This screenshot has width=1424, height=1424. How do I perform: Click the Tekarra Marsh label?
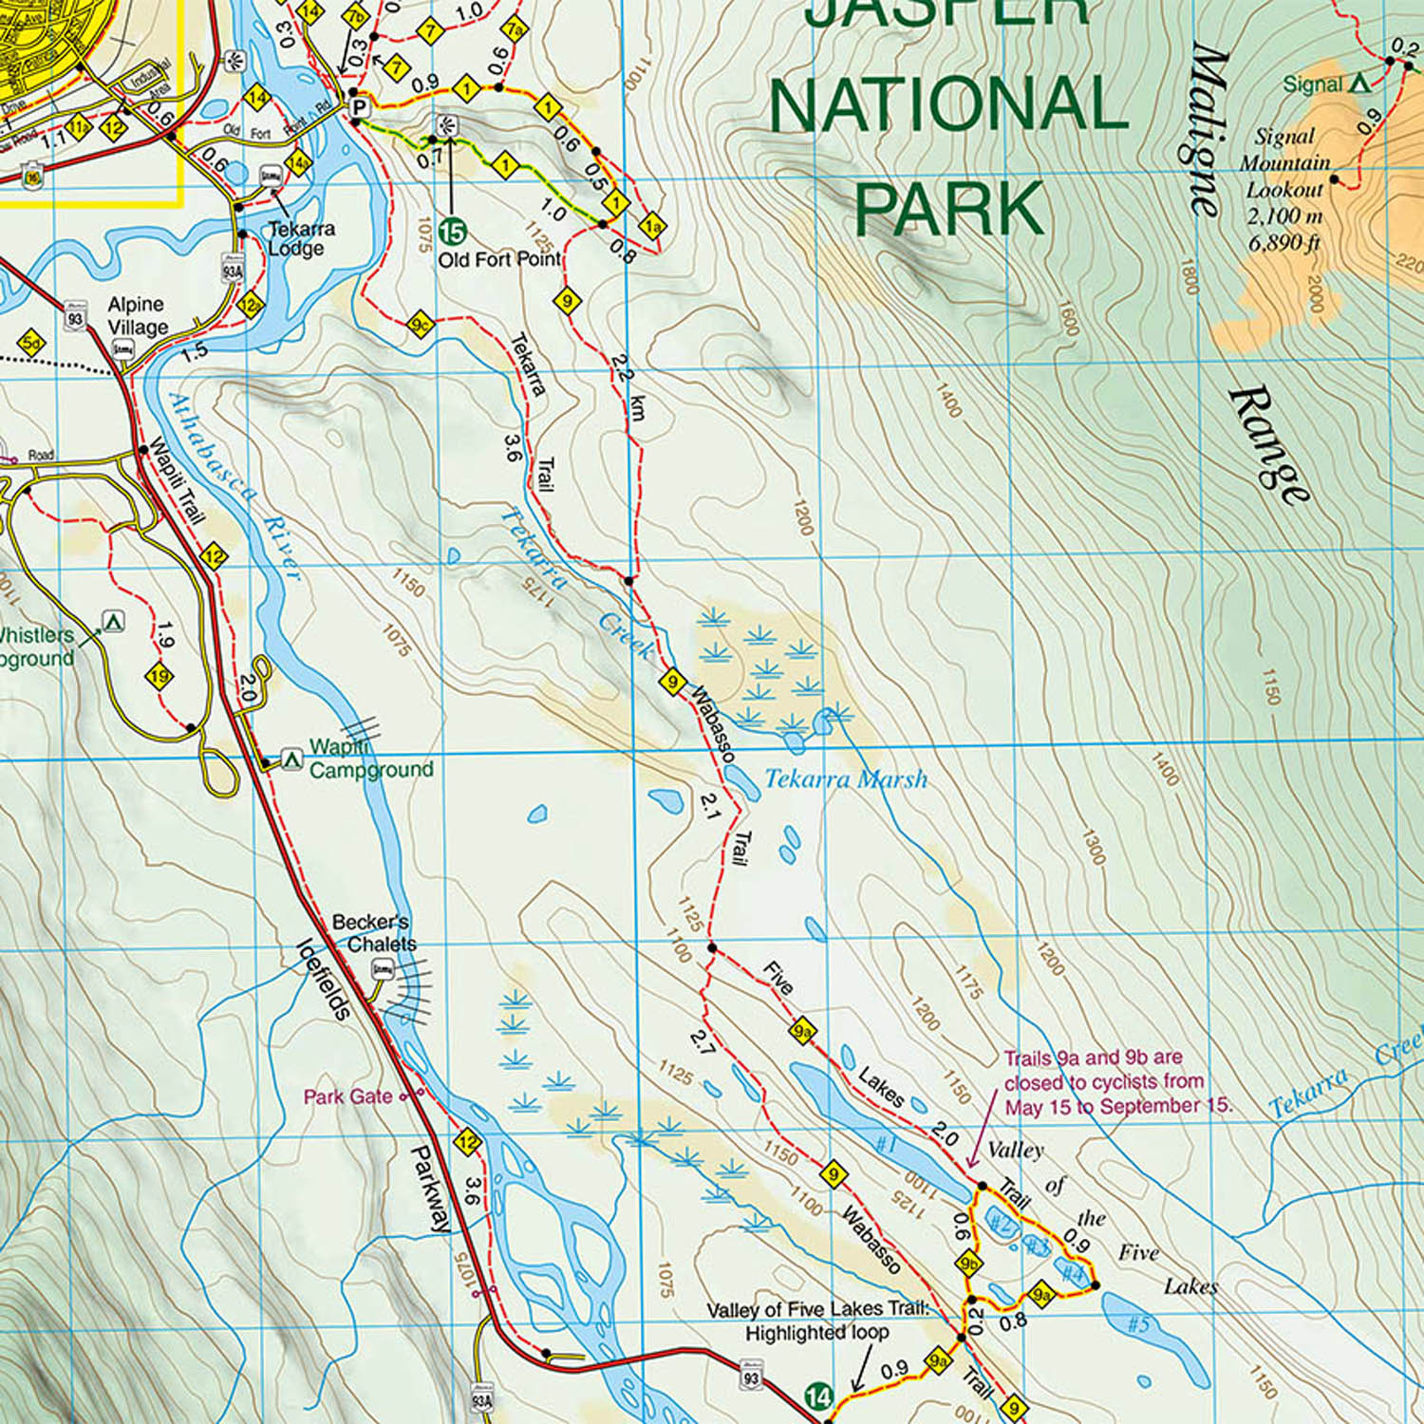(845, 779)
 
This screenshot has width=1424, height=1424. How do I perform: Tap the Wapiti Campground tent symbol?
(292, 759)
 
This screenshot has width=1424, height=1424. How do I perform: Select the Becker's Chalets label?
(373, 933)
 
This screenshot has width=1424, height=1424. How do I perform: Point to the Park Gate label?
(347, 1096)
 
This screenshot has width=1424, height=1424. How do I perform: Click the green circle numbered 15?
(453, 231)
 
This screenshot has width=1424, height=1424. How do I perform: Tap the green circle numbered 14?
(818, 1396)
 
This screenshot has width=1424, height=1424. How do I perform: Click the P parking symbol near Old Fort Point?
(358, 107)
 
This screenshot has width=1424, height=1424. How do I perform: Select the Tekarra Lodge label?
(300, 238)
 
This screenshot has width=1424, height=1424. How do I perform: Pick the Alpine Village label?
(137, 316)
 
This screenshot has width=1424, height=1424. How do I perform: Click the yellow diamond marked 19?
(159, 677)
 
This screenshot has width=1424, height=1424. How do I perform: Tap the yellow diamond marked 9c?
(420, 325)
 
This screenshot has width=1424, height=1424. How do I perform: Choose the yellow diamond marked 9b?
(968, 1264)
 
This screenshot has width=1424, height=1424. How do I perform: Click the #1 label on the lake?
(886, 1144)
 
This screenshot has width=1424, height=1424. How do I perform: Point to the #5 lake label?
(1137, 1322)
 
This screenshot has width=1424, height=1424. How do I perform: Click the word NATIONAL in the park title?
(948, 104)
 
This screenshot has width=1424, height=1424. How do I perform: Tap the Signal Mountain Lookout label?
(1284, 190)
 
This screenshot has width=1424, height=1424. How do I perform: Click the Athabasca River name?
(234, 484)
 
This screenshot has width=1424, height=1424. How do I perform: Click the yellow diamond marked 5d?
(31, 343)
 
